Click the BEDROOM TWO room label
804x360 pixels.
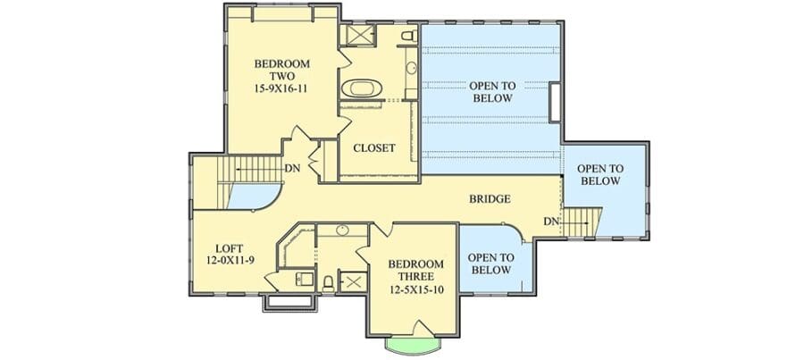point(282,71)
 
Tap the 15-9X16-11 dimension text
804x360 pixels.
point(281,88)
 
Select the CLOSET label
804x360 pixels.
point(374,148)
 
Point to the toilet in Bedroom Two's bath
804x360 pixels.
point(409,36)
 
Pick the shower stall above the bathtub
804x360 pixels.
point(361,35)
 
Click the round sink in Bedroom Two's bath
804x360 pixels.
point(411,67)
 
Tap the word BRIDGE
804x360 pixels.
point(490,199)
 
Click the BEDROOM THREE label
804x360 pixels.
point(415,271)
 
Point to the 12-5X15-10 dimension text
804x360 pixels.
point(415,290)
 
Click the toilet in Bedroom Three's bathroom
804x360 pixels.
point(328,283)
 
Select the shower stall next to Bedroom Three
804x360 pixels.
point(354,281)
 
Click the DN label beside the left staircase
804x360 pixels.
point(293,169)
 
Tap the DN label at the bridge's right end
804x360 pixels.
point(551,222)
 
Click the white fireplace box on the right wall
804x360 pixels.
point(554,102)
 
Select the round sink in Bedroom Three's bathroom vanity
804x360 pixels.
point(342,230)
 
